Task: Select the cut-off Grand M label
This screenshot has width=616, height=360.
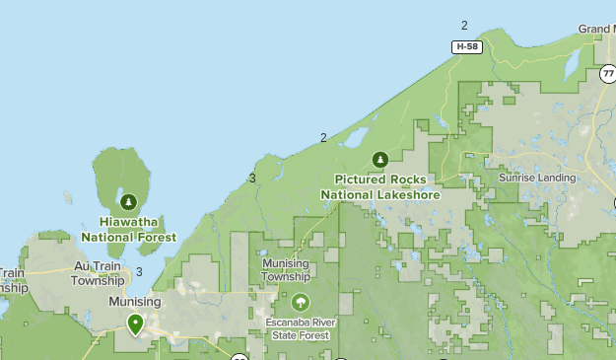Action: [595, 30]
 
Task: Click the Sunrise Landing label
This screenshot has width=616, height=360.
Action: [536, 178]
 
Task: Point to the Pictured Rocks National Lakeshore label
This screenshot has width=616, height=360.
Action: [380, 186]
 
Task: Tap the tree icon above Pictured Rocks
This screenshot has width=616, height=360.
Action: [380, 159]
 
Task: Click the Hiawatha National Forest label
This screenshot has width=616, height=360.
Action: [129, 230]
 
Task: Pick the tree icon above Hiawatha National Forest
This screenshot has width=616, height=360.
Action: [127, 201]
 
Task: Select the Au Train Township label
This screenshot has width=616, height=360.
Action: [98, 273]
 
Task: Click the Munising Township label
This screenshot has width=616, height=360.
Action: [286, 270]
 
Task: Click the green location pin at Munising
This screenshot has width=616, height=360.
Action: [135, 323]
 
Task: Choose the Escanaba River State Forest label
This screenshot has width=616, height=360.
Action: [300, 328]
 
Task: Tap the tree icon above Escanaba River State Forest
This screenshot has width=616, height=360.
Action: [300, 302]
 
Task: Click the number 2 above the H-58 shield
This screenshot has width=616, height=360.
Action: [464, 26]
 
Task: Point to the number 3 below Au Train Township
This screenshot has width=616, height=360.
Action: [140, 272]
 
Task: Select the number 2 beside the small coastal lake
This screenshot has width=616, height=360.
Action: [323, 137]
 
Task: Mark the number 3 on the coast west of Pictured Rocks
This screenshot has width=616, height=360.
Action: [252, 178]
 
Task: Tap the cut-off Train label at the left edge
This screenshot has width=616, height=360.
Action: [11, 272]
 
